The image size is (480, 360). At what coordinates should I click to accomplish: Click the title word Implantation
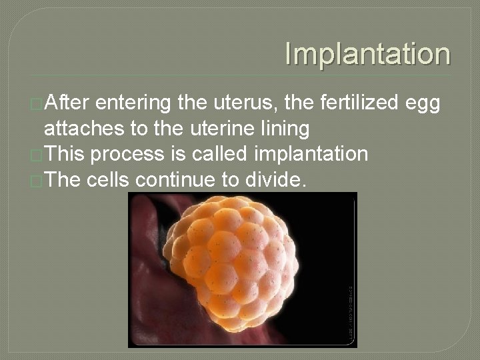367,54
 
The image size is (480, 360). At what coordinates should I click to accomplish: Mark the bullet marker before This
37,155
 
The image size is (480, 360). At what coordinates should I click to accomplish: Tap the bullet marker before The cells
37,180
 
